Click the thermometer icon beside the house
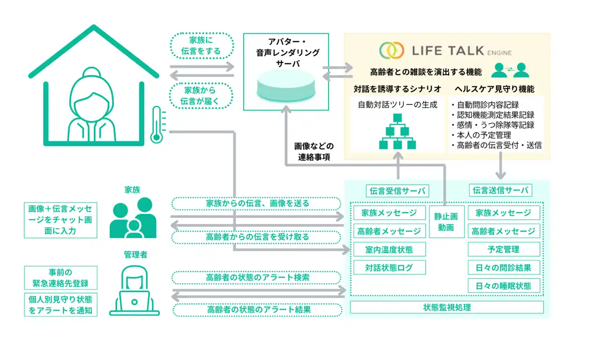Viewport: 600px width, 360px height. tap(156, 125)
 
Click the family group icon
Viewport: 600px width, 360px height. tap(133, 217)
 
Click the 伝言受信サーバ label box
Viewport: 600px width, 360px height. tap(397, 191)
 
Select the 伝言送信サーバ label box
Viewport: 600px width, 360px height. tap(501, 190)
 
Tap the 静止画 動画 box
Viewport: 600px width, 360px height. tap(446, 222)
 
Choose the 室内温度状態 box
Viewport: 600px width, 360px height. tap(389, 249)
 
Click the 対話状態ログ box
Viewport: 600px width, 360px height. tap(389, 268)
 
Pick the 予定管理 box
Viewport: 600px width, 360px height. tap(503, 249)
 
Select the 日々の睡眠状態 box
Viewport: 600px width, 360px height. tap(503, 285)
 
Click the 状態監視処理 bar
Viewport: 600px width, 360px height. tap(447, 307)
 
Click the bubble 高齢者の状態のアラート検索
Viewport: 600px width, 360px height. tap(257, 277)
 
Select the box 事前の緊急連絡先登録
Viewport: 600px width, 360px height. tap(61, 278)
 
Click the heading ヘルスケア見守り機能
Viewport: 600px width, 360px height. tap(494, 89)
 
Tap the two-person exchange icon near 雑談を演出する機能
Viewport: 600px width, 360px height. tap(510, 70)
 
